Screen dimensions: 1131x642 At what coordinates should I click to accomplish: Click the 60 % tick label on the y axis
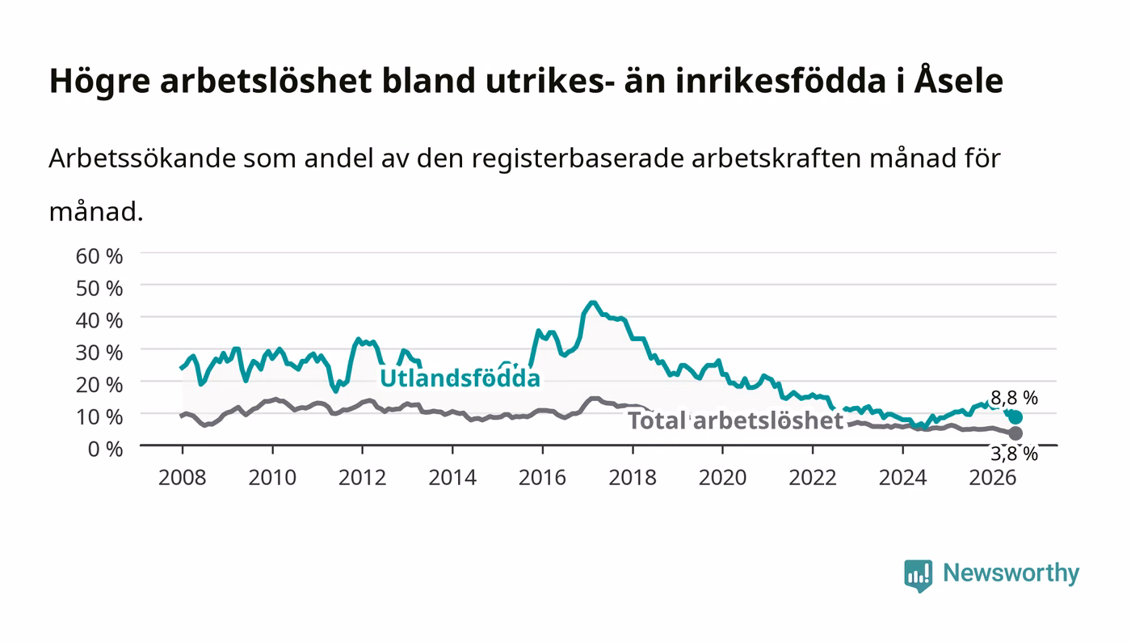99,256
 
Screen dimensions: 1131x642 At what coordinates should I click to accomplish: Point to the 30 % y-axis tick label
99,353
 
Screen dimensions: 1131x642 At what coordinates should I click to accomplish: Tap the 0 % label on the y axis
106,449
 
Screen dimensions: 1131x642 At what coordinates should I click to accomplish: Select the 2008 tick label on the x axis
183,477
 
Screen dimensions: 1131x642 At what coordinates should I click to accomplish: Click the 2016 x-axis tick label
542,477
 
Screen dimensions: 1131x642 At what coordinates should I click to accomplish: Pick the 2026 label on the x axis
993,477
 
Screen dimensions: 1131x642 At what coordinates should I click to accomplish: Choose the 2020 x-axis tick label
722,477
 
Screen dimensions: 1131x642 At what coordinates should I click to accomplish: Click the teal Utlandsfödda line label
460,378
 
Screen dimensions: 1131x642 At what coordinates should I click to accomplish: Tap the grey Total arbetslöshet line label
736,420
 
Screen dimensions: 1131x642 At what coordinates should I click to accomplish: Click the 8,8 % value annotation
1015,398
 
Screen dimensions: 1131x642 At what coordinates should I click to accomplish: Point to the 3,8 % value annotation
1015,454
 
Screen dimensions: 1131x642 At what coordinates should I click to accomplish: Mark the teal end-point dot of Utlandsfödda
1015,417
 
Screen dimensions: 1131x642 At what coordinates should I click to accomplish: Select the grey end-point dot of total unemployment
1015,433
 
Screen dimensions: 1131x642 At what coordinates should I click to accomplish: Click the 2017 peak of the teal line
593,302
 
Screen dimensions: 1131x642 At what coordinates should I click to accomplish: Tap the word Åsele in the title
958,80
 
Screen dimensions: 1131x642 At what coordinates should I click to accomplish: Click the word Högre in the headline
99,82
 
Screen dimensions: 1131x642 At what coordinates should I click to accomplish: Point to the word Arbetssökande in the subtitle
142,158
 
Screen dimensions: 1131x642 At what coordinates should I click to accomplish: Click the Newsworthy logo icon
918,576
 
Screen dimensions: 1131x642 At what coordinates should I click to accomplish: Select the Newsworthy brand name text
1011,573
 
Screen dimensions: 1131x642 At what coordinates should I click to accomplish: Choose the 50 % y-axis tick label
99,288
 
